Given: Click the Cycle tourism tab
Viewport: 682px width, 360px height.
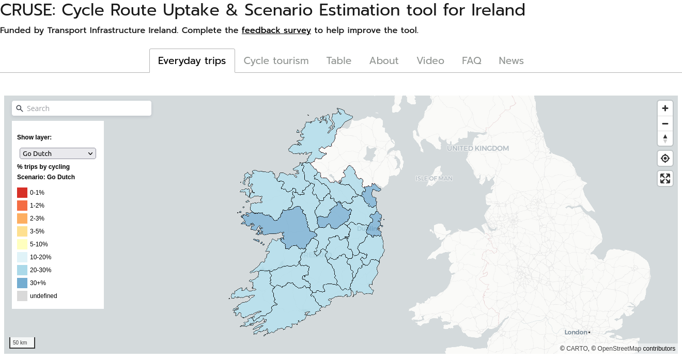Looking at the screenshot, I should [x=276, y=61].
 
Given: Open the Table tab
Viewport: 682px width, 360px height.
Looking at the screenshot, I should [x=338, y=61].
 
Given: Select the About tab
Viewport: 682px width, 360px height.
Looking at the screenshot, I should [x=383, y=61].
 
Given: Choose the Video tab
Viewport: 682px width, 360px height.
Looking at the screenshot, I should [x=430, y=61].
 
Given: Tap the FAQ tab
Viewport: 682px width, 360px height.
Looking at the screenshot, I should [x=471, y=61].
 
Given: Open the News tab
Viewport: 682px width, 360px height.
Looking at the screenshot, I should [x=511, y=61].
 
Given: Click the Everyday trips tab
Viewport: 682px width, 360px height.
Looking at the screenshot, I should [x=192, y=61].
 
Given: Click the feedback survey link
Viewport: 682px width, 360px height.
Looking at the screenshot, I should [x=276, y=30].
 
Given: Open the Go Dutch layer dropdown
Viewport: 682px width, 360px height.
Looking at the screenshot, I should [x=58, y=153].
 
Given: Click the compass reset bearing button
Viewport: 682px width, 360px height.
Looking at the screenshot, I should [x=665, y=138].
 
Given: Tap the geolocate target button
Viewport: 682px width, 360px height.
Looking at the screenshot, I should [x=665, y=159].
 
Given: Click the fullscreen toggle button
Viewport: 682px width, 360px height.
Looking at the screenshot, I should [x=665, y=178].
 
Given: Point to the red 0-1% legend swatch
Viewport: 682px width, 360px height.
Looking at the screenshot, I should [x=22, y=193].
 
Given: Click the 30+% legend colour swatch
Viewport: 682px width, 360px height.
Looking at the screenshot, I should [x=22, y=283].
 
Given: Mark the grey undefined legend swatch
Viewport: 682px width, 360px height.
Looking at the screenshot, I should [x=22, y=296].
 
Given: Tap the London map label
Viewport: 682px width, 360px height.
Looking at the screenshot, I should [x=576, y=332].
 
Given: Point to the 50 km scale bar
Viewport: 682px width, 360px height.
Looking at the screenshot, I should [x=22, y=343].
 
